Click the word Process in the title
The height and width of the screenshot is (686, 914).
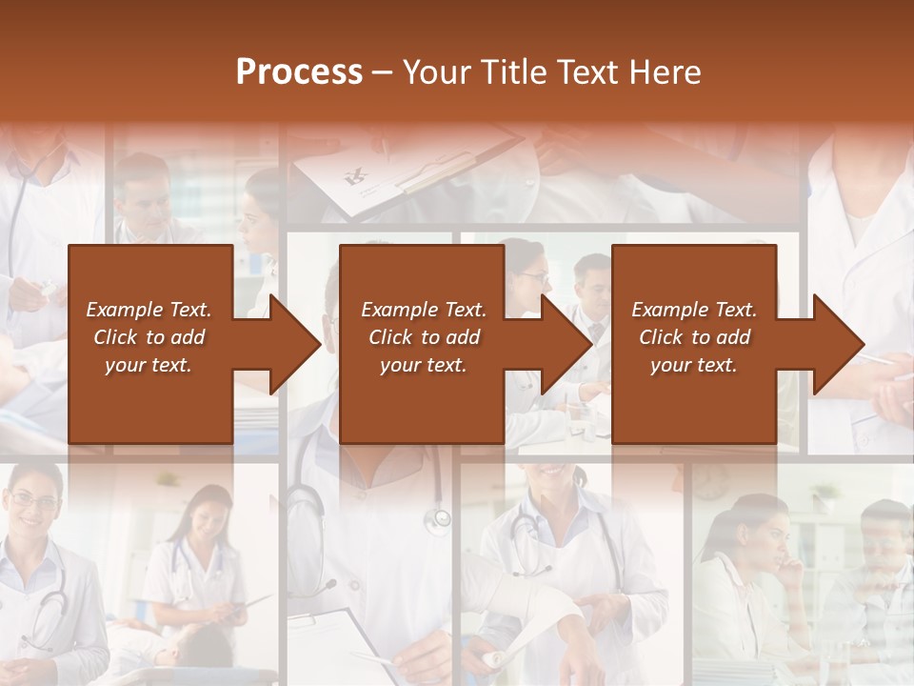click(299, 72)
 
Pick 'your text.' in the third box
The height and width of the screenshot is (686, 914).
click(693, 365)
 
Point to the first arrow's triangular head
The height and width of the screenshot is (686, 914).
click(295, 344)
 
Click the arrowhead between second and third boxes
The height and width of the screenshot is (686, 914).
click(566, 344)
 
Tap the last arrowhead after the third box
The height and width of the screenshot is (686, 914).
click(839, 344)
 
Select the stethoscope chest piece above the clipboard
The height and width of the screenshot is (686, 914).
click(439, 518)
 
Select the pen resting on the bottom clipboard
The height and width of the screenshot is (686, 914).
click(376, 657)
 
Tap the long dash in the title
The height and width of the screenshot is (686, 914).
click(382, 72)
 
